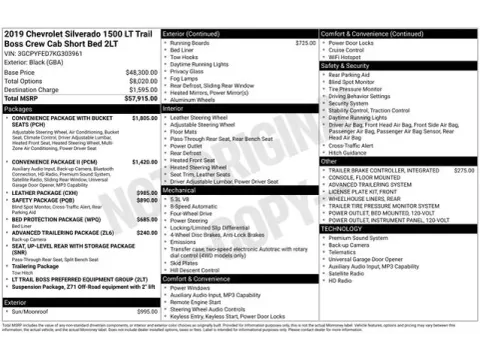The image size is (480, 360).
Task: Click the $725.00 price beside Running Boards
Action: tap(304, 43)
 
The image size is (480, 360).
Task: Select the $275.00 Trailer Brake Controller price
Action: tap(463, 171)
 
